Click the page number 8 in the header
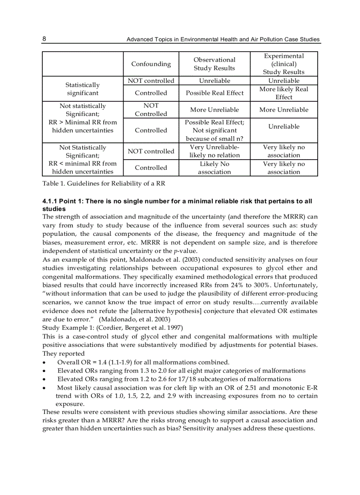pos(44,39)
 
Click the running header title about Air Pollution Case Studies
pos(223,39)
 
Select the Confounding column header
pos(151,64)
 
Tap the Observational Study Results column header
pos(214,64)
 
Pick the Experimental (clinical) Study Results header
pos(284,64)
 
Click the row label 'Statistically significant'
pos(82,89)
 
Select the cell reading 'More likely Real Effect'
pos(284,93)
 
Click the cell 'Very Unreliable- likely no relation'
pos(214,151)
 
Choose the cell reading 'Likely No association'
pos(214,168)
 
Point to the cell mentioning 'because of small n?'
pos(214,138)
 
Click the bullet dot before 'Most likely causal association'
pos(45,388)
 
